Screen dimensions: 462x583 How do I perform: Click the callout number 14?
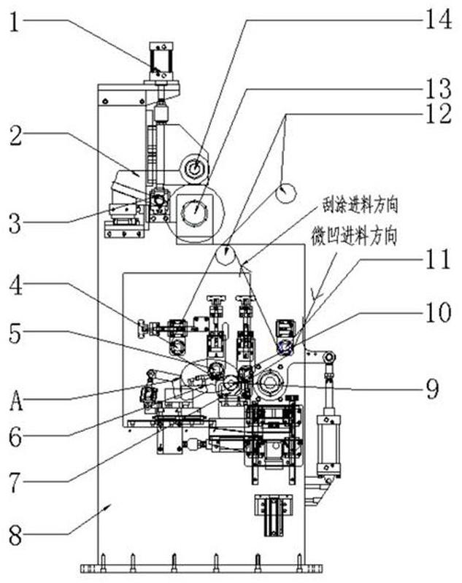pyautogui.click(x=439, y=18)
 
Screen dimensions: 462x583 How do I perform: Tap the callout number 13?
pyautogui.click(x=439, y=88)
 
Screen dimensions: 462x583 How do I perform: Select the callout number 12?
pyautogui.click(x=439, y=113)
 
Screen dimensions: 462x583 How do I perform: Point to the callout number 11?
pyautogui.click(x=439, y=258)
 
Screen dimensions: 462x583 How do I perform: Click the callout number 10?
pyautogui.click(x=439, y=312)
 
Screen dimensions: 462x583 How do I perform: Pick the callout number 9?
pyautogui.click(x=432, y=388)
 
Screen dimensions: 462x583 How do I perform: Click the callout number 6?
pyautogui.click(x=15, y=438)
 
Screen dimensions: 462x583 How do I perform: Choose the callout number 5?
pyautogui.click(x=15, y=334)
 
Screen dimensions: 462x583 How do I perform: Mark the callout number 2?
pyautogui.click(x=15, y=136)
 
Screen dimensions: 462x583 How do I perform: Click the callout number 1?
pyautogui.click(x=15, y=23)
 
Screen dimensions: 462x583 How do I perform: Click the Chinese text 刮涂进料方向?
pyautogui.click(x=360, y=206)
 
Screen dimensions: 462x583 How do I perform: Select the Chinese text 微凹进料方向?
pyautogui.click(x=354, y=237)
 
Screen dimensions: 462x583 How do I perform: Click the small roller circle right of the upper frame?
pyautogui.click(x=285, y=193)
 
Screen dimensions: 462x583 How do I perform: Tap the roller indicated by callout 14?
pyautogui.click(x=193, y=169)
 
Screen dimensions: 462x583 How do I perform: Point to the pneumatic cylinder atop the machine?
pyautogui.click(x=161, y=61)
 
